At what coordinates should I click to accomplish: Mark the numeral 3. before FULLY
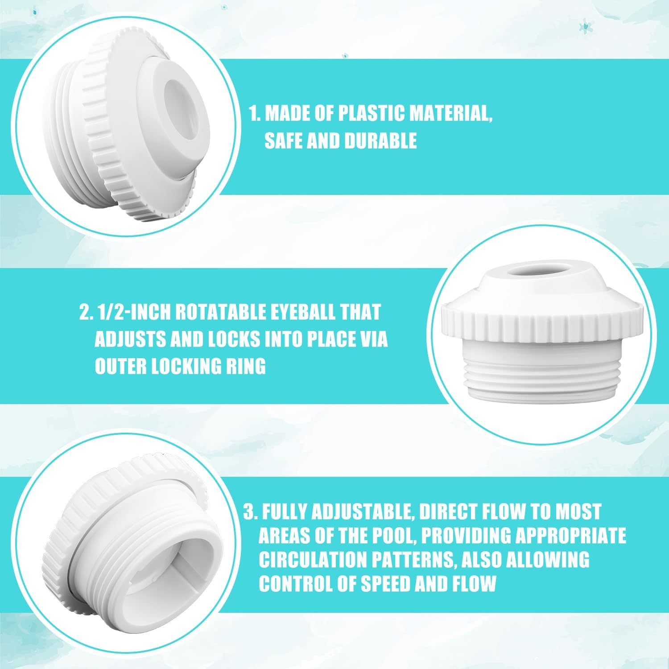(250, 512)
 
